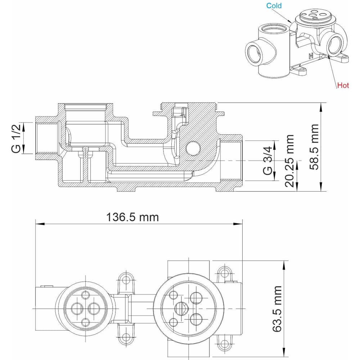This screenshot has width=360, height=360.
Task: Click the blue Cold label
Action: click(x=274, y=5)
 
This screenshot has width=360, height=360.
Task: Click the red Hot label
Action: click(x=343, y=85)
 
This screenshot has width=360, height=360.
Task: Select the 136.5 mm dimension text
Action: click(x=132, y=217)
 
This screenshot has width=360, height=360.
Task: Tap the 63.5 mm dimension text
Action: click(x=277, y=309)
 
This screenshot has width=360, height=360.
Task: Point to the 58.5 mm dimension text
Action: click(x=314, y=147)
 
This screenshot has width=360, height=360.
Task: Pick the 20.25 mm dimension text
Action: click(x=289, y=161)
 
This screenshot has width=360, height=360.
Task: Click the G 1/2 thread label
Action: click(x=16, y=138)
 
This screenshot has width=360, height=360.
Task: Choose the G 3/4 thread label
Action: click(x=267, y=161)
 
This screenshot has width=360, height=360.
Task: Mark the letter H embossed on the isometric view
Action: click(x=311, y=56)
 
